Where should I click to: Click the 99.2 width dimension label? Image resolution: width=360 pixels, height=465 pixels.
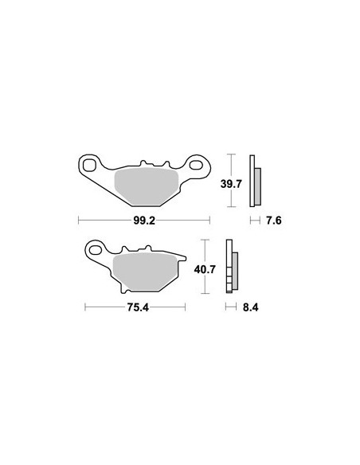(144, 221)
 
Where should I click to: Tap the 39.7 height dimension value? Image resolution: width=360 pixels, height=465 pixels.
(231, 184)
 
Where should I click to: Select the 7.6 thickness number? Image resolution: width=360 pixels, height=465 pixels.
(273, 221)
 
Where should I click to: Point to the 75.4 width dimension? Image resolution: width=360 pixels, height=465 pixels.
(138, 307)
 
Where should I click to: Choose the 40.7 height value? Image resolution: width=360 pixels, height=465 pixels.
(205, 270)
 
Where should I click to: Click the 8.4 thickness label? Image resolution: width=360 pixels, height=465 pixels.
(251, 307)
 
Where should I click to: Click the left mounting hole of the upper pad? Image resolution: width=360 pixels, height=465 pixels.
(89, 165)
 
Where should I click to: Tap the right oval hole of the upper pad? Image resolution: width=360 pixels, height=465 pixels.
(196, 165)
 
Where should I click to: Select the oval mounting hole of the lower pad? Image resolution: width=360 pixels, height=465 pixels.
(96, 250)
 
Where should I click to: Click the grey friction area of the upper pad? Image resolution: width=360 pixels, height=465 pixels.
(147, 186)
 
